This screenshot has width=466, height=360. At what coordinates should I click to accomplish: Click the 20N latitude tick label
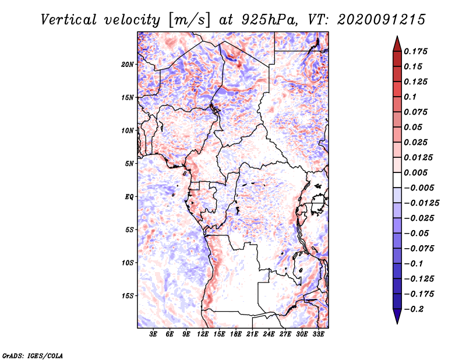[x=128, y=64]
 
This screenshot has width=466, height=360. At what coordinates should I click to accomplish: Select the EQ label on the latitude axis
[x=129, y=196]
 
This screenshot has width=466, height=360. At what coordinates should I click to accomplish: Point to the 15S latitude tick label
[x=128, y=295]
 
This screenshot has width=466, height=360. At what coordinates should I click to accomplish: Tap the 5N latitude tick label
[x=129, y=164]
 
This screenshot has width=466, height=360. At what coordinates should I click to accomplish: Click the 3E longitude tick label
[x=153, y=334]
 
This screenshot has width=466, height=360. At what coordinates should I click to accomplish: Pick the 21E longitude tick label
[x=252, y=334]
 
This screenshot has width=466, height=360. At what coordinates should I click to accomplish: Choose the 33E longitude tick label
[x=318, y=334]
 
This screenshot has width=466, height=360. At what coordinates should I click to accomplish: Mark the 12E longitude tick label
[x=203, y=334]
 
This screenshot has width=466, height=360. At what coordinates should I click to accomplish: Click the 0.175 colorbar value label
[x=415, y=51]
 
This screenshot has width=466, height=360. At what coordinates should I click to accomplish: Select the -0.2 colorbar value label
[x=414, y=309]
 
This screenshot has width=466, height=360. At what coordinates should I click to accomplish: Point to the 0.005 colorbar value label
[x=415, y=172]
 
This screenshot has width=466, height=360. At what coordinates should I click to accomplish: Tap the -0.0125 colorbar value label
[x=421, y=203]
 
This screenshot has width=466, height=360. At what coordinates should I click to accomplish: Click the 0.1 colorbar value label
[x=410, y=97]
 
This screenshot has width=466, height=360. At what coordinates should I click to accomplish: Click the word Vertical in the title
[x=69, y=20]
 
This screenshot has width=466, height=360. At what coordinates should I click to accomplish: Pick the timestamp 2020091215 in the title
[x=382, y=20]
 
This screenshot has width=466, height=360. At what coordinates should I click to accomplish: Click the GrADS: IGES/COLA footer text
[x=33, y=355]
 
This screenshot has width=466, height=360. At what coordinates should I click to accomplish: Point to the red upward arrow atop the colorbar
[x=397, y=44]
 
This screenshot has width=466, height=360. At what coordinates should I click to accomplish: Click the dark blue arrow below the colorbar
[x=397, y=316]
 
